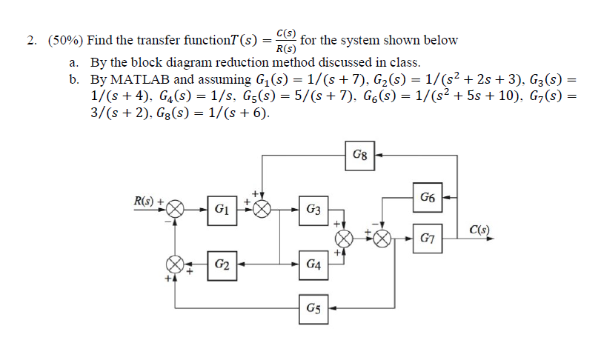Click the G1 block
[221, 210]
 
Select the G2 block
[221, 263]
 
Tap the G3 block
[313, 210]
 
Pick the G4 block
[313, 263]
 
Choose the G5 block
[313, 307]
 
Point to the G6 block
[428, 198]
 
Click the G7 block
[428, 238]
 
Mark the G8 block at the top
[359, 156]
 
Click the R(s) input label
[145, 200]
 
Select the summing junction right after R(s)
[175, 210]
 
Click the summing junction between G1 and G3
[262, 210]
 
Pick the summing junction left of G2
[175, 264]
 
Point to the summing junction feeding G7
[382, 238]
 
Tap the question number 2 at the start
[32, 41]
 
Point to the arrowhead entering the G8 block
[376, 156]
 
